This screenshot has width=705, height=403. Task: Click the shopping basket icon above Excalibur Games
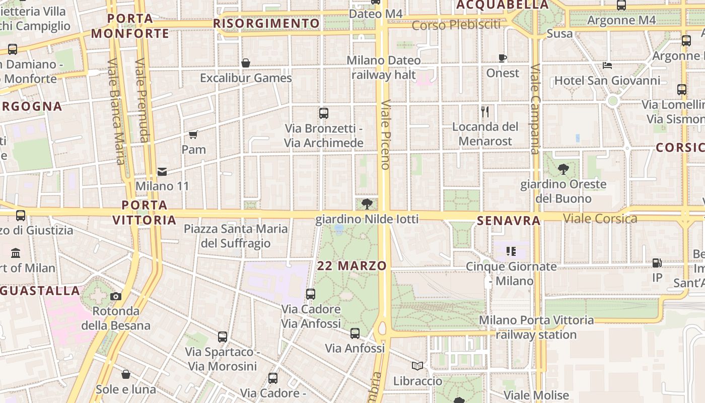click(246, 63)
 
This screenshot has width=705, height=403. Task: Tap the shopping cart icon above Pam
click(193, 135)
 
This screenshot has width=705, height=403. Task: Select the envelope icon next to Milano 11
click(162, 172)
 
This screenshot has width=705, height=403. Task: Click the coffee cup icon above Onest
click(502, 58)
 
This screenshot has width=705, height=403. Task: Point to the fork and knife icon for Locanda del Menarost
click(485, 111)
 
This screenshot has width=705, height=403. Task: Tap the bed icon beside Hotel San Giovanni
click(607, 65)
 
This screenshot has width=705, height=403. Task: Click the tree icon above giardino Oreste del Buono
click(563, 169)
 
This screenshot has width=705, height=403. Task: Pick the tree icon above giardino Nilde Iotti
click(367, 204)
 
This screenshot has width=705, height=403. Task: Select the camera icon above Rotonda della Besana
click(116, 296)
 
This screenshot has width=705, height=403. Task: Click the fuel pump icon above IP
click(657, 262)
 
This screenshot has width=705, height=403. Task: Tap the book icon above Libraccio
click(417, 366)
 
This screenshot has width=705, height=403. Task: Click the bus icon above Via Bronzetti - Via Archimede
click(324, 113)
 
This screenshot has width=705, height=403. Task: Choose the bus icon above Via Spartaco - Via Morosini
click(223, 337)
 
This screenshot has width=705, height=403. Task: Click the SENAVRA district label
click(509, 220)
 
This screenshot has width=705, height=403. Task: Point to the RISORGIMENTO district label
click(266, 23)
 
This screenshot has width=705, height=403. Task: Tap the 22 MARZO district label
click(352, 265)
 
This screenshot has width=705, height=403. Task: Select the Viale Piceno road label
click(386, 134)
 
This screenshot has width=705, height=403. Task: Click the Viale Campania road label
click(535, 108)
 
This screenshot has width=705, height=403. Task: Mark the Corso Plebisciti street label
click(456, 25)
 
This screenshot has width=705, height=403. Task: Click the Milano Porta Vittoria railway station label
click(536, 327)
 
